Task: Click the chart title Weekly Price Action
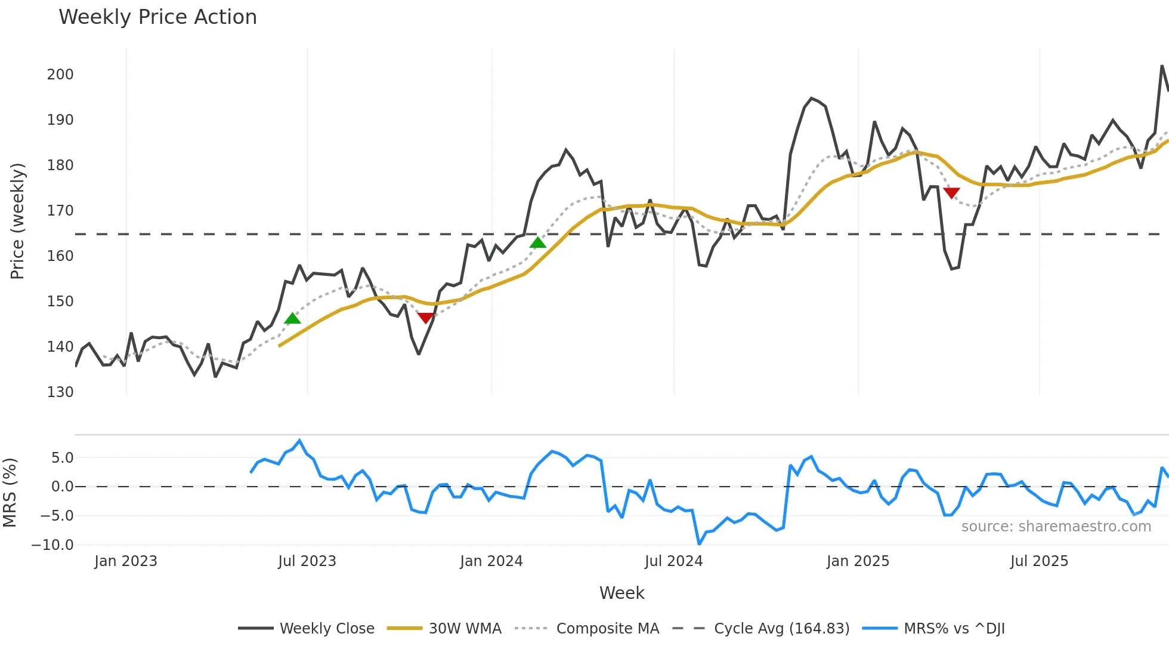click(x=157, y=17)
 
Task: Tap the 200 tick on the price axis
click(x=60, y=75)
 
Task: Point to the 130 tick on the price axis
click(x=60, y=392)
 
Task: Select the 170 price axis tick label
click(x=60, y=211)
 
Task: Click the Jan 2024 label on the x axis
click(x=491, y=561)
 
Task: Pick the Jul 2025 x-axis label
click(x=1039, y=561)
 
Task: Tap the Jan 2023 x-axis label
click(x=126, y=561)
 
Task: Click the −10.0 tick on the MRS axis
click(x=52, y=545)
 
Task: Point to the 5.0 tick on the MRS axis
click(x=62, y=458)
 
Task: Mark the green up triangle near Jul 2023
click(x=292, y=319)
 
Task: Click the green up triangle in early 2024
click(x=537, y=243)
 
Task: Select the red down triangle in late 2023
click(x=425, y=318)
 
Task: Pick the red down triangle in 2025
click(x=951, y=193)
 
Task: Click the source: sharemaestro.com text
click(x=1056, y=527)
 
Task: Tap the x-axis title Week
click(x=621, y=593)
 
